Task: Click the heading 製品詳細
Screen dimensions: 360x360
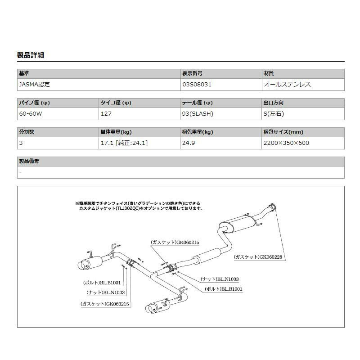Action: pyautogui.click(x=30, y=55)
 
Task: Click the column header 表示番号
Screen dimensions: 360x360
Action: pyautogui.click(x=192, y=73)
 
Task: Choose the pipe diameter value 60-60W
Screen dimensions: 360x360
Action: pyautogui.click(x=31, y=113)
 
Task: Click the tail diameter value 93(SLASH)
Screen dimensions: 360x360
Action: pyautogui.click(x=198, y=113)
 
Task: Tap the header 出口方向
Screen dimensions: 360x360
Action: pyautogui.click(x=274, y=103)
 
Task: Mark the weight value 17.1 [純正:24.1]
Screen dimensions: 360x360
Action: pyautogui.click(x=124, y=143)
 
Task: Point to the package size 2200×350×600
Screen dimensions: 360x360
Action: pyautogui.click(x=286, y=143)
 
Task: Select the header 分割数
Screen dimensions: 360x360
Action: pyautogui.click(x=27, y=132)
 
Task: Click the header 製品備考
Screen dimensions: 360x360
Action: pyautogui.click(x=29, y=161)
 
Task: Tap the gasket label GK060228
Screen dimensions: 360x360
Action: pyautogui.click(x=261, y=257)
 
